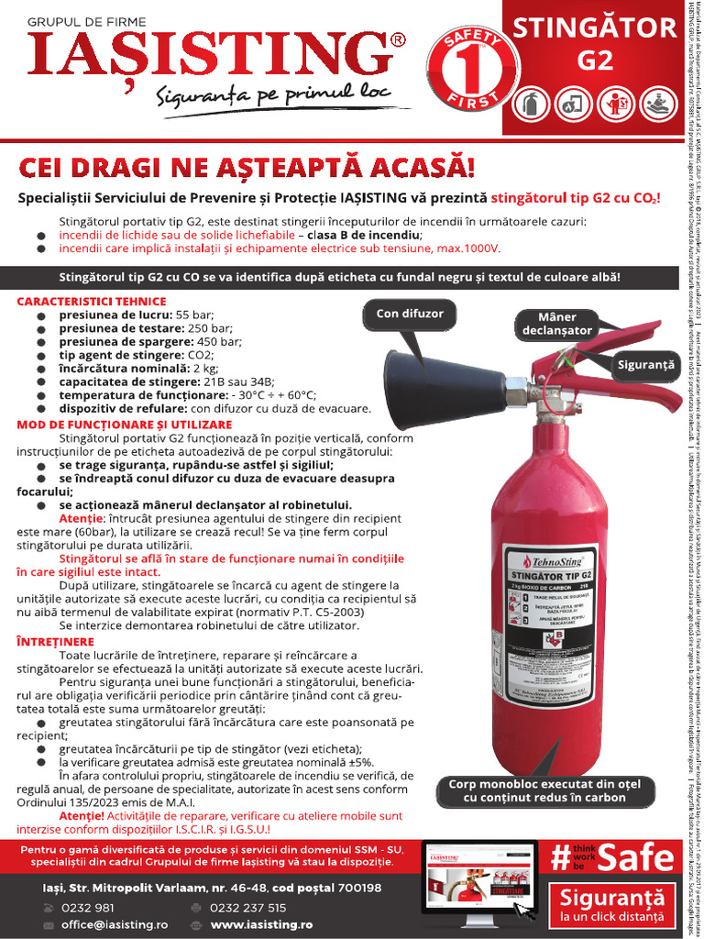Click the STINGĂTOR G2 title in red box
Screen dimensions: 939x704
pos(595,44)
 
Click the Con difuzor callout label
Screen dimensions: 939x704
pos(409,314)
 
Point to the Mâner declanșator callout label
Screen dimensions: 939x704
pos(557,324)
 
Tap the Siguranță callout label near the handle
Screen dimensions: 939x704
pos(645,364)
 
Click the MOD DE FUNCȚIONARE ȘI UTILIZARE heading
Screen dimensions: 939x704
pos(125,425)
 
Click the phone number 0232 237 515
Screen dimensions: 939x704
pos(247,908)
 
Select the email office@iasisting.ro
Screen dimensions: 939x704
pos(115,925)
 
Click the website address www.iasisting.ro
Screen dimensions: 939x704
pos(261,925)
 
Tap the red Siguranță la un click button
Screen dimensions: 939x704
pos(610,906)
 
